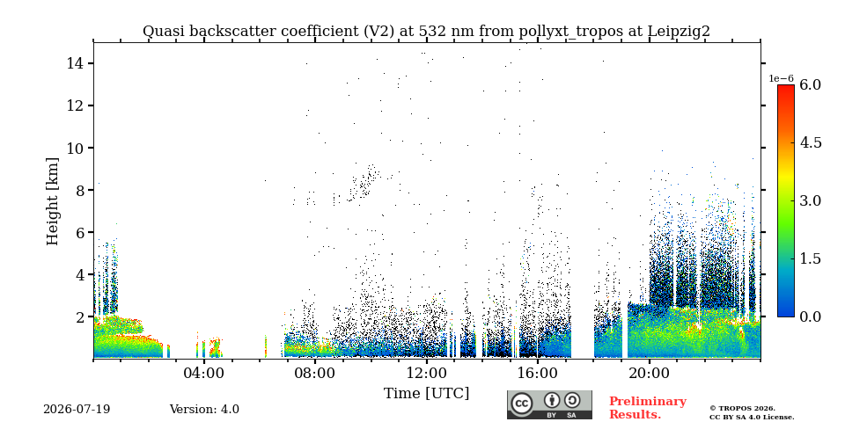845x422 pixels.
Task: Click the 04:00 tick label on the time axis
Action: click(204, 373)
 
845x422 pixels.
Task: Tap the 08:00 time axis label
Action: click(315, 373)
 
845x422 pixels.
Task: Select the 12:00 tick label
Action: click(427, 373)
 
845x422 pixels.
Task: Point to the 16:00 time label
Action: click(538, 373)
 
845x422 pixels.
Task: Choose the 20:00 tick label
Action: click(650, 373)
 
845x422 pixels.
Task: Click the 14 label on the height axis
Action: click(74, 63)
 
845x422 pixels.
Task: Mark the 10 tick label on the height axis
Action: click(74, 148)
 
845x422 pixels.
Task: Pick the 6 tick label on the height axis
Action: click(78, 232)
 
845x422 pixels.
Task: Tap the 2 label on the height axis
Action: click(78, 317)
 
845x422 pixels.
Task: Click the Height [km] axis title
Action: click(52, 201)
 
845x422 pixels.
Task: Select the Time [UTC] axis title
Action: click(426, 394)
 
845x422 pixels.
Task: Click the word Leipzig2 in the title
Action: click(679, 32)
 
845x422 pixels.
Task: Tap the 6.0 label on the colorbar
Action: click(810, 84)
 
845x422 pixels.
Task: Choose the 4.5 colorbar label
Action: click(810, 142)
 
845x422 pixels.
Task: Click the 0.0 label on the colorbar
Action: click(810, 316)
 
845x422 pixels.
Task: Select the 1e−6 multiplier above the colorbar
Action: click(781, 78)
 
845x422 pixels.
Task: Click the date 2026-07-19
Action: click(77, 410)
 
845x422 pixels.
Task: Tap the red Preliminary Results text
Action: click(648, 408)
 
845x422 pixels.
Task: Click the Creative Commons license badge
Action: click(549, 404)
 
